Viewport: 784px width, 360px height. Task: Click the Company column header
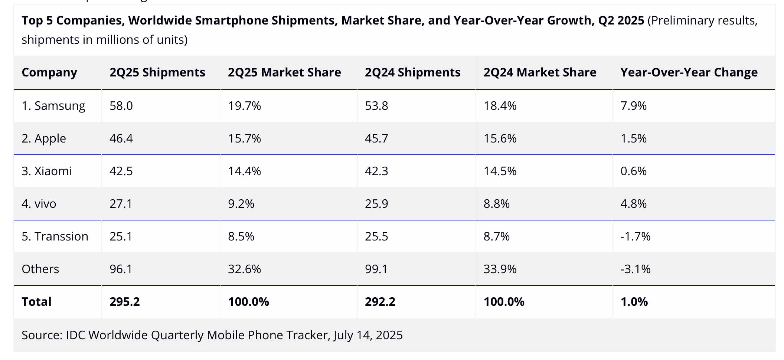point(49,72)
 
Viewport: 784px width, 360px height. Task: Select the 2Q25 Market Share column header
point(284,72)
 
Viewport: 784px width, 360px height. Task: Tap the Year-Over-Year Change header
point(689,72)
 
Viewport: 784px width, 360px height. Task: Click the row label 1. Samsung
point(53,106)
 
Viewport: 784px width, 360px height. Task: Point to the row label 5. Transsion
point(55,236)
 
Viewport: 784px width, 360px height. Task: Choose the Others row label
point(40,269)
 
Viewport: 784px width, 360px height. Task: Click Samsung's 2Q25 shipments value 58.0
point(121,106)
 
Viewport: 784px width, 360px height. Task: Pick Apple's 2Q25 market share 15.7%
point(244,138)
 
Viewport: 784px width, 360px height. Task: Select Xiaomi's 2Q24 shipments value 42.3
point(376,171)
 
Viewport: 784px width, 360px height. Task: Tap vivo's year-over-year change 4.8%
point(633,204)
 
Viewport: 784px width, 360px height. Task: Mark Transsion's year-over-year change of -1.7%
point(635,236)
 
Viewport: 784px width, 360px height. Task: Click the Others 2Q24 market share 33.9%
point(500,269)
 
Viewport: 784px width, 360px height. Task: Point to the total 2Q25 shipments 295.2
point(125,302)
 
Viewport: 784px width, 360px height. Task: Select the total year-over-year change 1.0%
point(634,302)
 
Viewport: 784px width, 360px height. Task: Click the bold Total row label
point(36,302)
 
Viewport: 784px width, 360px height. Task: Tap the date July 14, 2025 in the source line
point(368,335)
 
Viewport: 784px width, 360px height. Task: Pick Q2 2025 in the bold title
point(621,20)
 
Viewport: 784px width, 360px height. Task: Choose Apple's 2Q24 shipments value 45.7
point(376,138)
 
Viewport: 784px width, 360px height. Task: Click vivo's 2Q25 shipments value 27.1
point(121,204)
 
